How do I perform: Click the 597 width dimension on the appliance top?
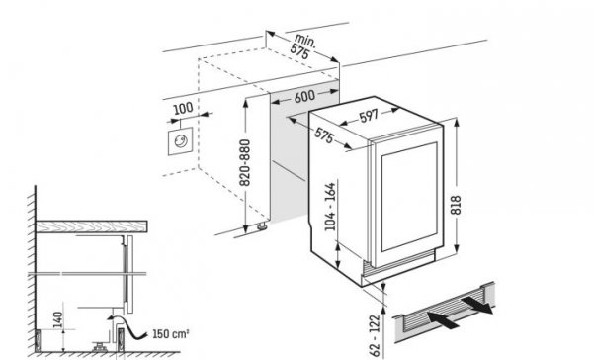[x=368, y=117]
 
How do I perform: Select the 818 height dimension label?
[x=456, y=205]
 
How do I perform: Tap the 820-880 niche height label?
[x=245, y=163]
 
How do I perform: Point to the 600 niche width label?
[x=304, y=96]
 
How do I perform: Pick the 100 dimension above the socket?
[x=183, y=109]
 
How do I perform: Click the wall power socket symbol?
[x=181, y=141]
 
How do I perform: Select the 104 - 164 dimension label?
[x=330, y=207]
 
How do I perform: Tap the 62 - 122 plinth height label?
[x=375, y=335]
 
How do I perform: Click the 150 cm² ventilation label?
[x=171, y=334]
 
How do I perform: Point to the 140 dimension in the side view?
[x=57, y=319]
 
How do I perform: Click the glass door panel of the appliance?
[x=409, y=197]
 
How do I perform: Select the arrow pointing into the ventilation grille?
[x=443, y=319]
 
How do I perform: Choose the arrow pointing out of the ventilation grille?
[x=477, y=305]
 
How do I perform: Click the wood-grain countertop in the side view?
[x=92, y=226]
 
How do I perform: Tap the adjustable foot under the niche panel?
[x=262, y=226]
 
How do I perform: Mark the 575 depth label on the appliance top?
[x=324, y=135]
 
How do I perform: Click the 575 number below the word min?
[x=299, y=51]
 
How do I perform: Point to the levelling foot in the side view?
[x=100, y=347]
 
